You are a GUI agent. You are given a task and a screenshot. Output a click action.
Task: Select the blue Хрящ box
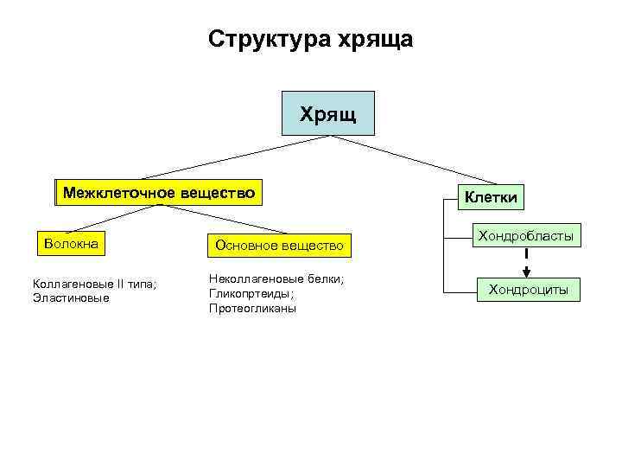328,113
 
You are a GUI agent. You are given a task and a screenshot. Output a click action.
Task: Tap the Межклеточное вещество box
158,193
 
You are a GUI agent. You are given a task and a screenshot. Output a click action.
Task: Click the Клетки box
491,197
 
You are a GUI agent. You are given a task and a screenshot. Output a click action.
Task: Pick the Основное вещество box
279,246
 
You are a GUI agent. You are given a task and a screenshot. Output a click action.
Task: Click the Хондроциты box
528,290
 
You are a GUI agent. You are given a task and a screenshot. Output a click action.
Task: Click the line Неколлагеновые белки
276,278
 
